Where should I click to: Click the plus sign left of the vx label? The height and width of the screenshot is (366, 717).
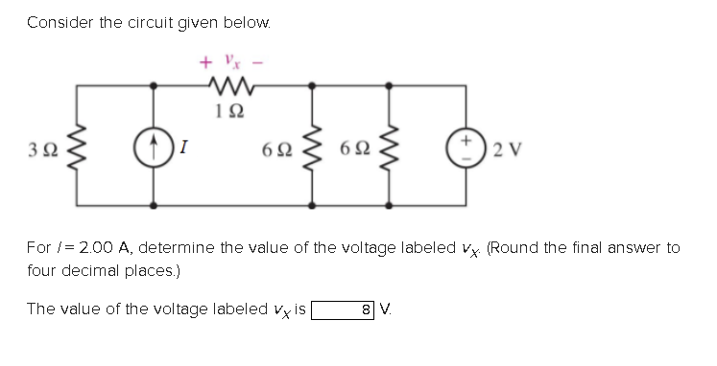point(204,63)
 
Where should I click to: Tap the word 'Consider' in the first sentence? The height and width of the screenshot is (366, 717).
point(56,21)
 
